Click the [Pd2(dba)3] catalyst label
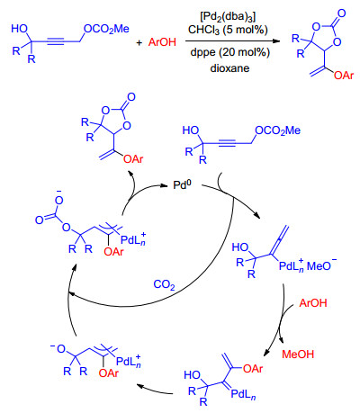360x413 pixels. coord(228,17)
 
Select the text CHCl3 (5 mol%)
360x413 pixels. coord(228,30)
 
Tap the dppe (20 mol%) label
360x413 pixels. coord(230,52)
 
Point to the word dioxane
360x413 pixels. coord(229,68)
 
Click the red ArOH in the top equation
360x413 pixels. coord(162,42)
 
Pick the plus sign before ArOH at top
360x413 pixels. coord(139,42)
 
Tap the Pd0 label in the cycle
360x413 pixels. coord(182,184)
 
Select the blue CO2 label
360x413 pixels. coord(164,284)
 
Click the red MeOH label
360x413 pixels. coord(298,355)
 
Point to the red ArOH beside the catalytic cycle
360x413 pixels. coord(313,303)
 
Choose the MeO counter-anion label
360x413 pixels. coord(321,265)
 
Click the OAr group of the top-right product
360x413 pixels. coord(344,76)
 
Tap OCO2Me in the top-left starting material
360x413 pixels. coord(106,29)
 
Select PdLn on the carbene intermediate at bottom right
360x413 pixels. coord(243,394)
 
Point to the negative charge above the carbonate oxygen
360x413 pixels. coord(59,192)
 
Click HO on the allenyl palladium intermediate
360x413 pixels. coord(240,247)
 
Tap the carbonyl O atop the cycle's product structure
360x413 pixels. coord(131,97)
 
